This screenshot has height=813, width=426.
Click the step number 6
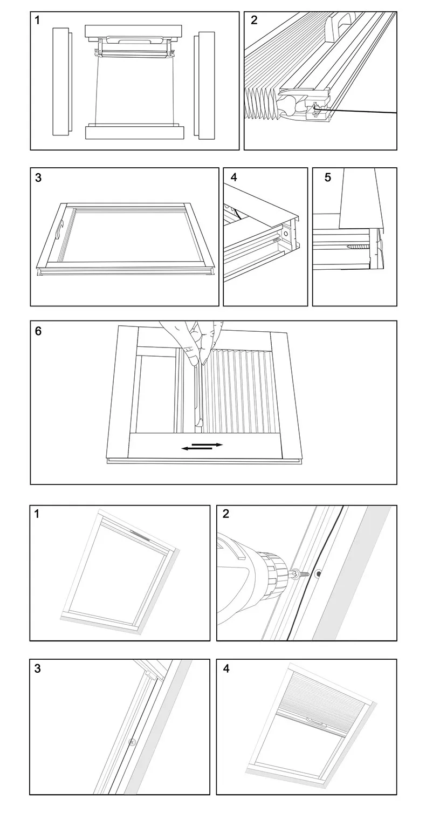click(38, 331)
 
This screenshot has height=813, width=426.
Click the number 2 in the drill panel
click(226, 514)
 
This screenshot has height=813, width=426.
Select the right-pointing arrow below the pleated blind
click(207, 444)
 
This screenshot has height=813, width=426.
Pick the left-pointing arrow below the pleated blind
click(197, 449)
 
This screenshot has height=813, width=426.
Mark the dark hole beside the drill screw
click(318, 574)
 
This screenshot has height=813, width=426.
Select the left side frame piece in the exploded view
click(62, 81)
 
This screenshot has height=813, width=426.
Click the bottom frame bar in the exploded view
click(135, 131)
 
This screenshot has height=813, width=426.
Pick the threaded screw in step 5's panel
click(358, 247)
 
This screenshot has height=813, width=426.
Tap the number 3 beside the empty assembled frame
click(38, 178)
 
